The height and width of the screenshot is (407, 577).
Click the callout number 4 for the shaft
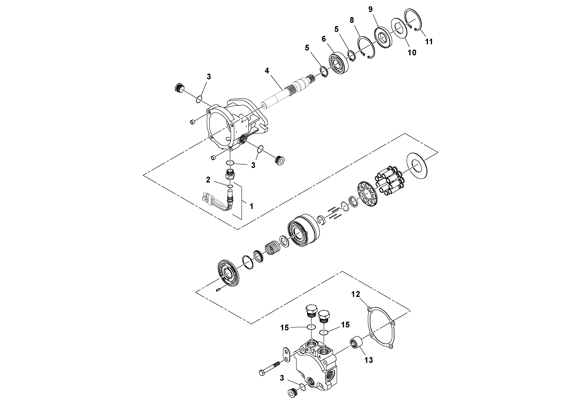click(267, 71)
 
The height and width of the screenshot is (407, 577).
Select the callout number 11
click(429, 42)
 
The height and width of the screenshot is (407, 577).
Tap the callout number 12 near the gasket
click(356, 294)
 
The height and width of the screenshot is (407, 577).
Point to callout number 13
click(369, 360)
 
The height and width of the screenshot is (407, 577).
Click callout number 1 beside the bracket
click(251, 206)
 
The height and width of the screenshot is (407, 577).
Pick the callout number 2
click(208, 180)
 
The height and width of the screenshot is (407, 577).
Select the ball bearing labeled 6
click(339, 63)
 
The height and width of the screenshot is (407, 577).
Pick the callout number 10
click(412, 53)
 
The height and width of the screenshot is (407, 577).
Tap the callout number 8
click(352, 20)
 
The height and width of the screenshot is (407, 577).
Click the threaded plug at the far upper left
click(179, 87)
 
